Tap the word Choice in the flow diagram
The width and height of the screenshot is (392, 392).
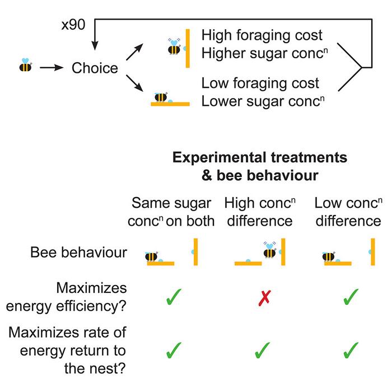point(95,68)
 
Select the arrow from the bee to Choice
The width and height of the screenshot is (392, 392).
point(52,68)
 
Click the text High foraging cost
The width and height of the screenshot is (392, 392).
point(262,35)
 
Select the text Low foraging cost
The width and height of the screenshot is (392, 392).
point(260,84)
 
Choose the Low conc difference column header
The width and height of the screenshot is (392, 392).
point(347,211)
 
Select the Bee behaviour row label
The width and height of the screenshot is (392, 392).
point(78,253)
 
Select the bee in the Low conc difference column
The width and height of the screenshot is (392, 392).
point(329,256)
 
